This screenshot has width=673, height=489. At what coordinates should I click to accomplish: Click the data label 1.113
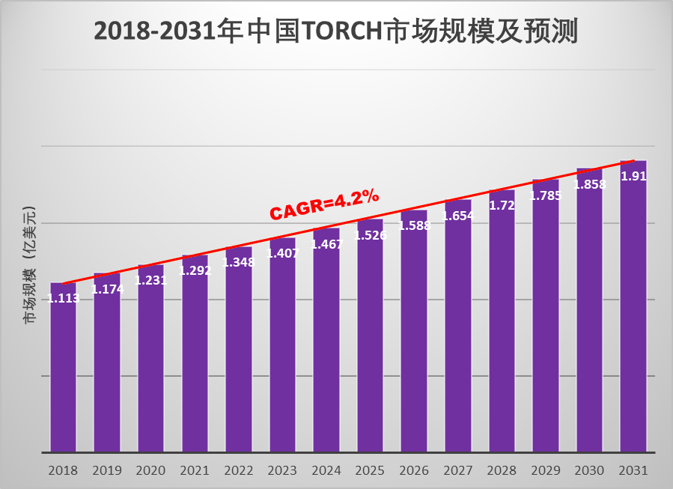[x=64, y=298]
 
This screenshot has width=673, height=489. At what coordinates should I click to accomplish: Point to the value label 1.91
[x=634, y=177]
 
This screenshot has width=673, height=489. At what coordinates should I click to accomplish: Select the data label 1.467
[x=326, y=244]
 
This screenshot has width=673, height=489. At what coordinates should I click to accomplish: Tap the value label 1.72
[x=502, y=205]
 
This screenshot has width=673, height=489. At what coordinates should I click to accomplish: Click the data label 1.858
[x=590, y=184]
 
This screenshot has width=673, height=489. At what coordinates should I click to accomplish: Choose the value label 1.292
[x=195, y=271]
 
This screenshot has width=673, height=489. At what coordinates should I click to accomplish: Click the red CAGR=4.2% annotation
[x=324, y=204]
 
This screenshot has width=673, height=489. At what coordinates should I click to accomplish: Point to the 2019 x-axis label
[x=107, y=471]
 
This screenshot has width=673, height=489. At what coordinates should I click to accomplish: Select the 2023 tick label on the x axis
[x=282, y=471]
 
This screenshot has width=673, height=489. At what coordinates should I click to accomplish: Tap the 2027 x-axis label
[x=458, y=471]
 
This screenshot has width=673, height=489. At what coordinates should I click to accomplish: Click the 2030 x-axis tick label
[x=590, y=471]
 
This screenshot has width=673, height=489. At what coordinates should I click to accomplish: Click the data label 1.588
[x=415, y=225]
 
